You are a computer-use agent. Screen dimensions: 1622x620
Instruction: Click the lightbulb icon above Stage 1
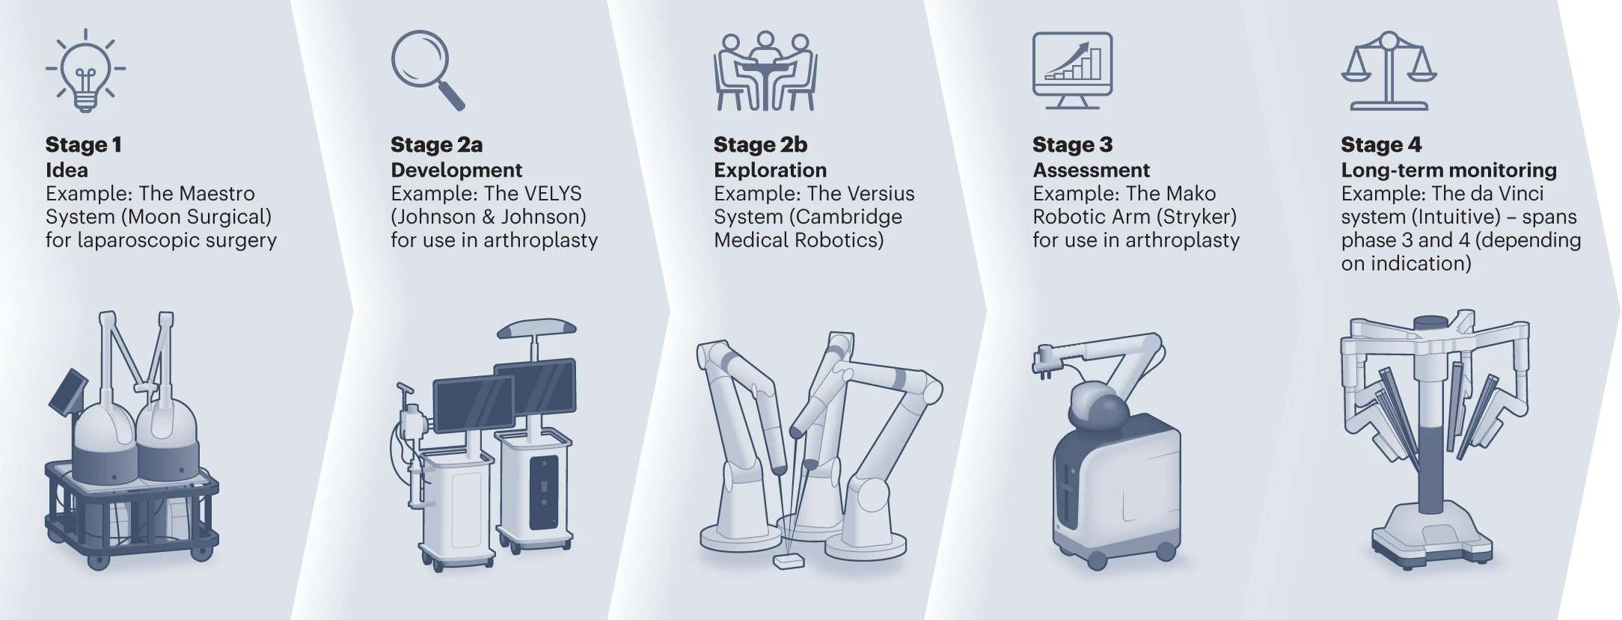pos(85,70)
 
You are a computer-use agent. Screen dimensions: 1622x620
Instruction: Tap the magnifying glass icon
pos(428,70)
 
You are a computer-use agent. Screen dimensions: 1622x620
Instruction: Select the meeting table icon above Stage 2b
pos(765,71)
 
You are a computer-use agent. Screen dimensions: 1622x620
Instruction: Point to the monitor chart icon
pos(1072,70)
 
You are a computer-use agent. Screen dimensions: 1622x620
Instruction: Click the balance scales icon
pos(1389,71)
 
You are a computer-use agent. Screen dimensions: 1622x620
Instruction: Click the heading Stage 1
pos(83,144)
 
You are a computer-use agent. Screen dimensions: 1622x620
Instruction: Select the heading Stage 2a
pos(436,144)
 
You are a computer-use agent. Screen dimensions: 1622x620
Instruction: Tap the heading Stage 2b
pos(760,144)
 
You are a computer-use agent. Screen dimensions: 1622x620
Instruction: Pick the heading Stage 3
pos(1072,144)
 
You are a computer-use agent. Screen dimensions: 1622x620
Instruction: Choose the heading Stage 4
pos(1381,144)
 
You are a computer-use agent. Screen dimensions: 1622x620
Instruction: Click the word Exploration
pos(770,170)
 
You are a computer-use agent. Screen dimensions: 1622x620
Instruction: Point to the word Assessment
pos(1091,170)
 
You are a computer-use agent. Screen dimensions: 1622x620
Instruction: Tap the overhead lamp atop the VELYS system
pos(536,328)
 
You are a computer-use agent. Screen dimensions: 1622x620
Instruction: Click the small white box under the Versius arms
pos(789,561)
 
